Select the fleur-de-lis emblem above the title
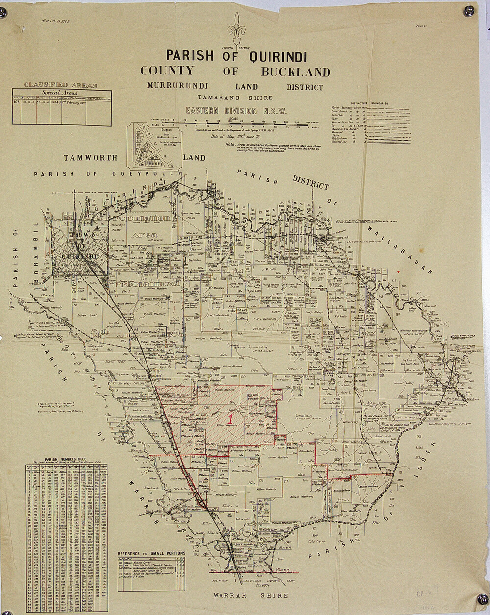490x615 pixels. [237, 29]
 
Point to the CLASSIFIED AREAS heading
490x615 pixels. [61, 85]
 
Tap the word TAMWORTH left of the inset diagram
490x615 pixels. [90, 158]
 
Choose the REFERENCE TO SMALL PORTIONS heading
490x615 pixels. [152, 553]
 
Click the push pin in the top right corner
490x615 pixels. [468, 10]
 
